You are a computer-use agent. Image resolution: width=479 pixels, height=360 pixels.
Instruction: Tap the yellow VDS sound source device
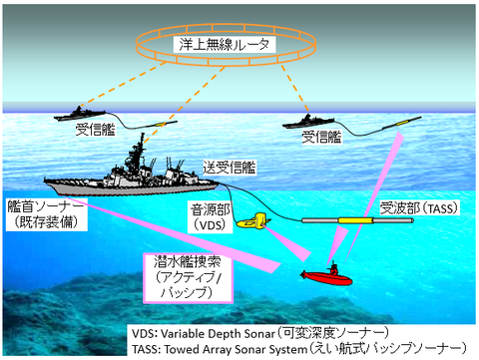pyautogui.click(x=260, y=220)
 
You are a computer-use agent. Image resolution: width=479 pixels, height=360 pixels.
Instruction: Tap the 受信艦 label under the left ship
pyautogui.click(x=97, y=131)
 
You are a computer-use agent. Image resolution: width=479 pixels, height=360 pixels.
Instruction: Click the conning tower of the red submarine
pyautogui.click(x=334, y=266)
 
